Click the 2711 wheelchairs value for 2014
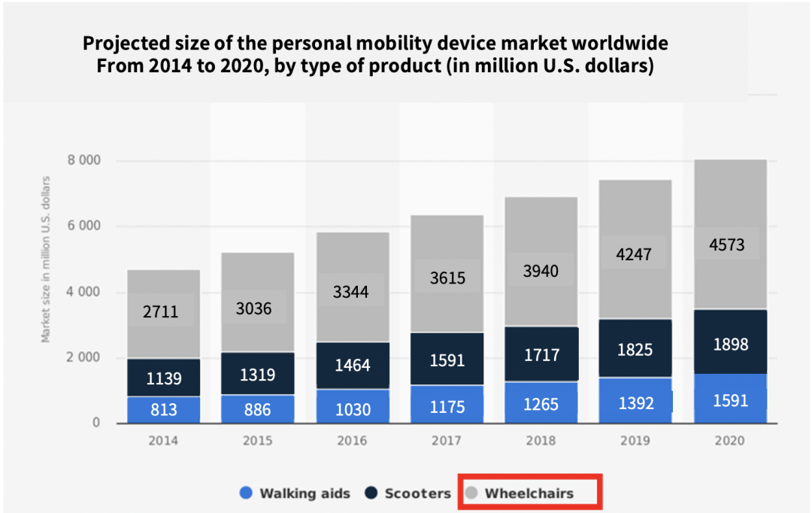160,311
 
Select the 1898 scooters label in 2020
729,345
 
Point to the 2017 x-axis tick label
446,440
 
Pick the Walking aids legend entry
295,493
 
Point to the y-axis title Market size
46,260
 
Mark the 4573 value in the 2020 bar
729,244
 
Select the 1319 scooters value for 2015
257,375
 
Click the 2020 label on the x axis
729,440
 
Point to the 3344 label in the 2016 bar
351,292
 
